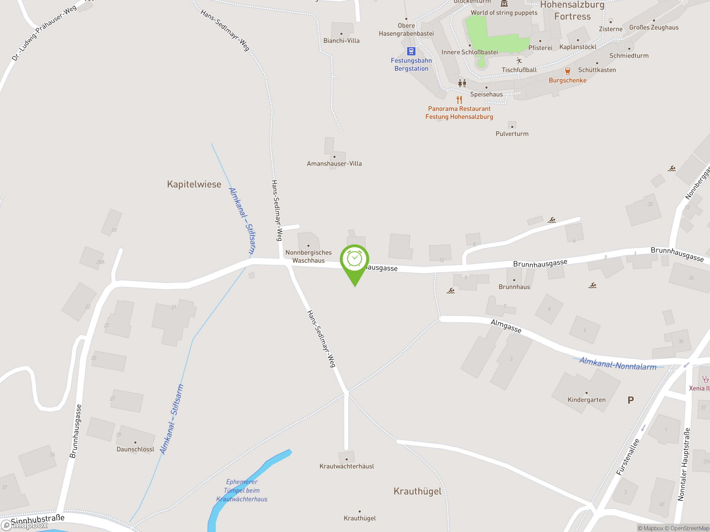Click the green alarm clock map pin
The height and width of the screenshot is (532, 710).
click(354, 260)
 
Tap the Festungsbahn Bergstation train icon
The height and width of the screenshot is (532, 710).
click(411, 51)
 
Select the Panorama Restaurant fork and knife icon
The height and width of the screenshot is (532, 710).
click(459, 99)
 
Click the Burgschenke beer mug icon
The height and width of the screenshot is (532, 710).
click(567, 71)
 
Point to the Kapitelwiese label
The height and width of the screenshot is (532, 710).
click(194, 184)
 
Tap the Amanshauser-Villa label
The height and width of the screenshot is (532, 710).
click(334, 163)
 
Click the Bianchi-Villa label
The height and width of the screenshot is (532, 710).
click(341, 41)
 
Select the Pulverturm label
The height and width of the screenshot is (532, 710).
click(512, 134)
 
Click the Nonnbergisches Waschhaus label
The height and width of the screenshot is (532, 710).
click(308, 257)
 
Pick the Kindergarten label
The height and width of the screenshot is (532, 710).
click(586, 400)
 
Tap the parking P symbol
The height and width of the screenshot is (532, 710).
click(630, 400)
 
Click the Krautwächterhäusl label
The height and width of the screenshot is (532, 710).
click(347, 466)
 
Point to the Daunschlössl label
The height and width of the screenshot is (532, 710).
click(135, 449)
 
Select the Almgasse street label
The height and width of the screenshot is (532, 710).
click(506, 326)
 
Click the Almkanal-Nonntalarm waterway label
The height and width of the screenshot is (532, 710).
click(618, 364)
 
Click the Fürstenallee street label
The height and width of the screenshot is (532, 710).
click(628, 457)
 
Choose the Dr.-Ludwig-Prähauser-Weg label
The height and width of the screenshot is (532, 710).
click(44, 33)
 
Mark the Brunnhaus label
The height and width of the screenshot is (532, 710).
click(514, 287)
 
